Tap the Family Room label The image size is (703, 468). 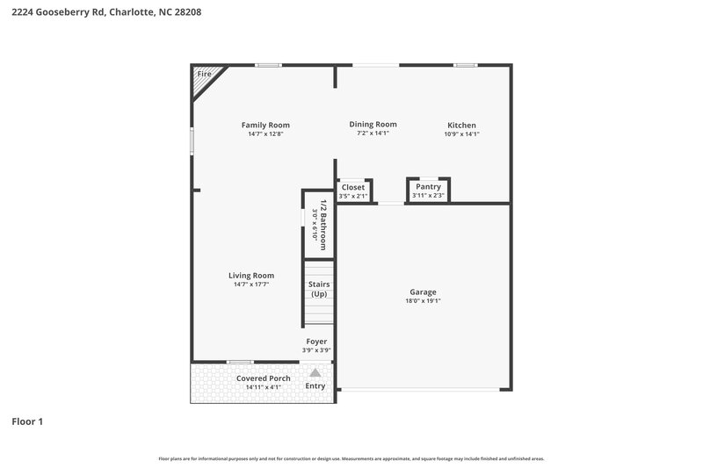click(265, 125)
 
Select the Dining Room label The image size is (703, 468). click(373, 124)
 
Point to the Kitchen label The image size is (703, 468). click(461, 125)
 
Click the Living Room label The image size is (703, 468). click(251, 275)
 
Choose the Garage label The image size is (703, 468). click(423, 292)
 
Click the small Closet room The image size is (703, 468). click(353, 191)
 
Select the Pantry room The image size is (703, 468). click(428, 190)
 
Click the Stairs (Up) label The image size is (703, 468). click(319, 289)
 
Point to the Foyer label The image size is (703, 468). click(316, 341)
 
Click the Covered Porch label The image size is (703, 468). click(263, 378)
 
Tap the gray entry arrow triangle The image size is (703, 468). click(315, 372)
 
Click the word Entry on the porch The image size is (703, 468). click(315, 386)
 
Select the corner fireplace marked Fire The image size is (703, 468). click(203, 76)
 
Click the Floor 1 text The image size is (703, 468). click(27, 421)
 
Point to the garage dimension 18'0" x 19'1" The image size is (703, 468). click(423, 301)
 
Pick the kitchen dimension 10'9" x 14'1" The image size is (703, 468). click(461, 134)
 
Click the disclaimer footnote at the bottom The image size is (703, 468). click(351, 458)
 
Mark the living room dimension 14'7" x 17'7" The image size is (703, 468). click(251, 284)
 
